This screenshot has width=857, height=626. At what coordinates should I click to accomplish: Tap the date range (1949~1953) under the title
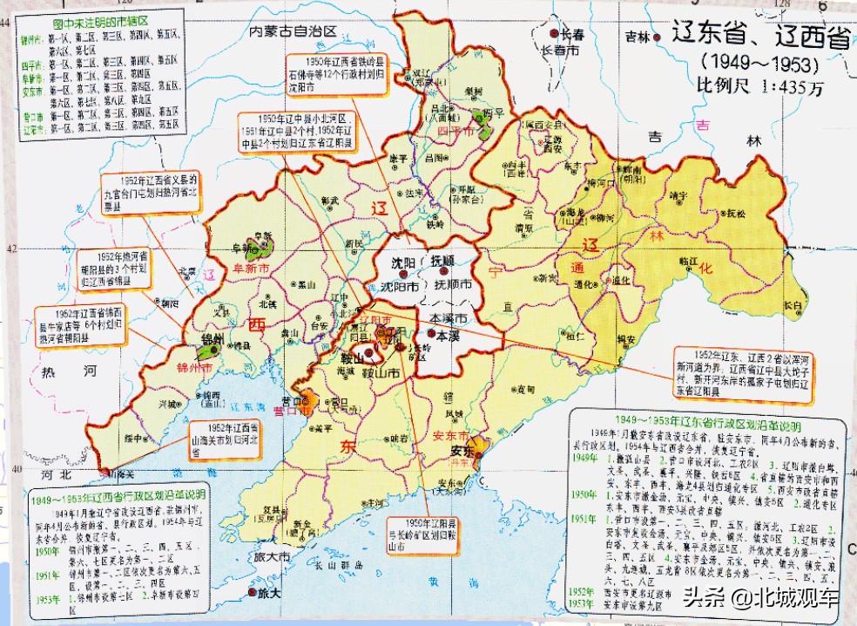click(759, 65)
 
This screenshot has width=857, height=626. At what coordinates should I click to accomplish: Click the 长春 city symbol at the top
click(555, 33)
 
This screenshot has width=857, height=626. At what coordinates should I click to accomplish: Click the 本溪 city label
click(448, 335)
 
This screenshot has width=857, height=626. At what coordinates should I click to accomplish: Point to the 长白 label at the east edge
click(791, 303)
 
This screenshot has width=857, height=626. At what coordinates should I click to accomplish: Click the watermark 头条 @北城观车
click(760, 599)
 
